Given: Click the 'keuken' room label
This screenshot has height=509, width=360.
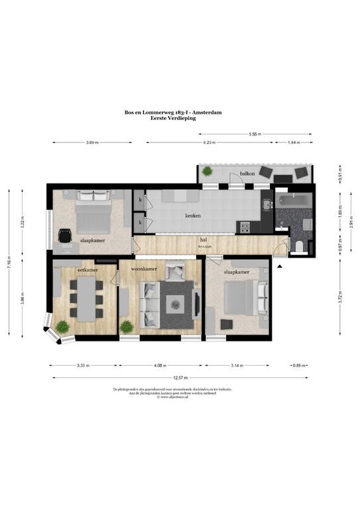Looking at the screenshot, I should (193, 216).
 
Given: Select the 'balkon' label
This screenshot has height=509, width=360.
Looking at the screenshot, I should (247, 174).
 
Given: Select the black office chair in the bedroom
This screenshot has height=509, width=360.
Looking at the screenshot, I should (65, 235).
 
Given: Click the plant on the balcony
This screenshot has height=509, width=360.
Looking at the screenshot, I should (208, 172).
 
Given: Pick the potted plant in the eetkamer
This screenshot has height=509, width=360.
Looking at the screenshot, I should (62, 326).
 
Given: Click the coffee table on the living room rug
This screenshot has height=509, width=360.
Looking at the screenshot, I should (176, 304).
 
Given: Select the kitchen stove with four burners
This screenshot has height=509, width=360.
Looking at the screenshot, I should (245, 227).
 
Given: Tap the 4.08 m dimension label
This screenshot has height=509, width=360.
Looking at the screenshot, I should (161, 365).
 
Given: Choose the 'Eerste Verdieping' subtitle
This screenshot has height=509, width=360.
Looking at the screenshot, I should (180, 119).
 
